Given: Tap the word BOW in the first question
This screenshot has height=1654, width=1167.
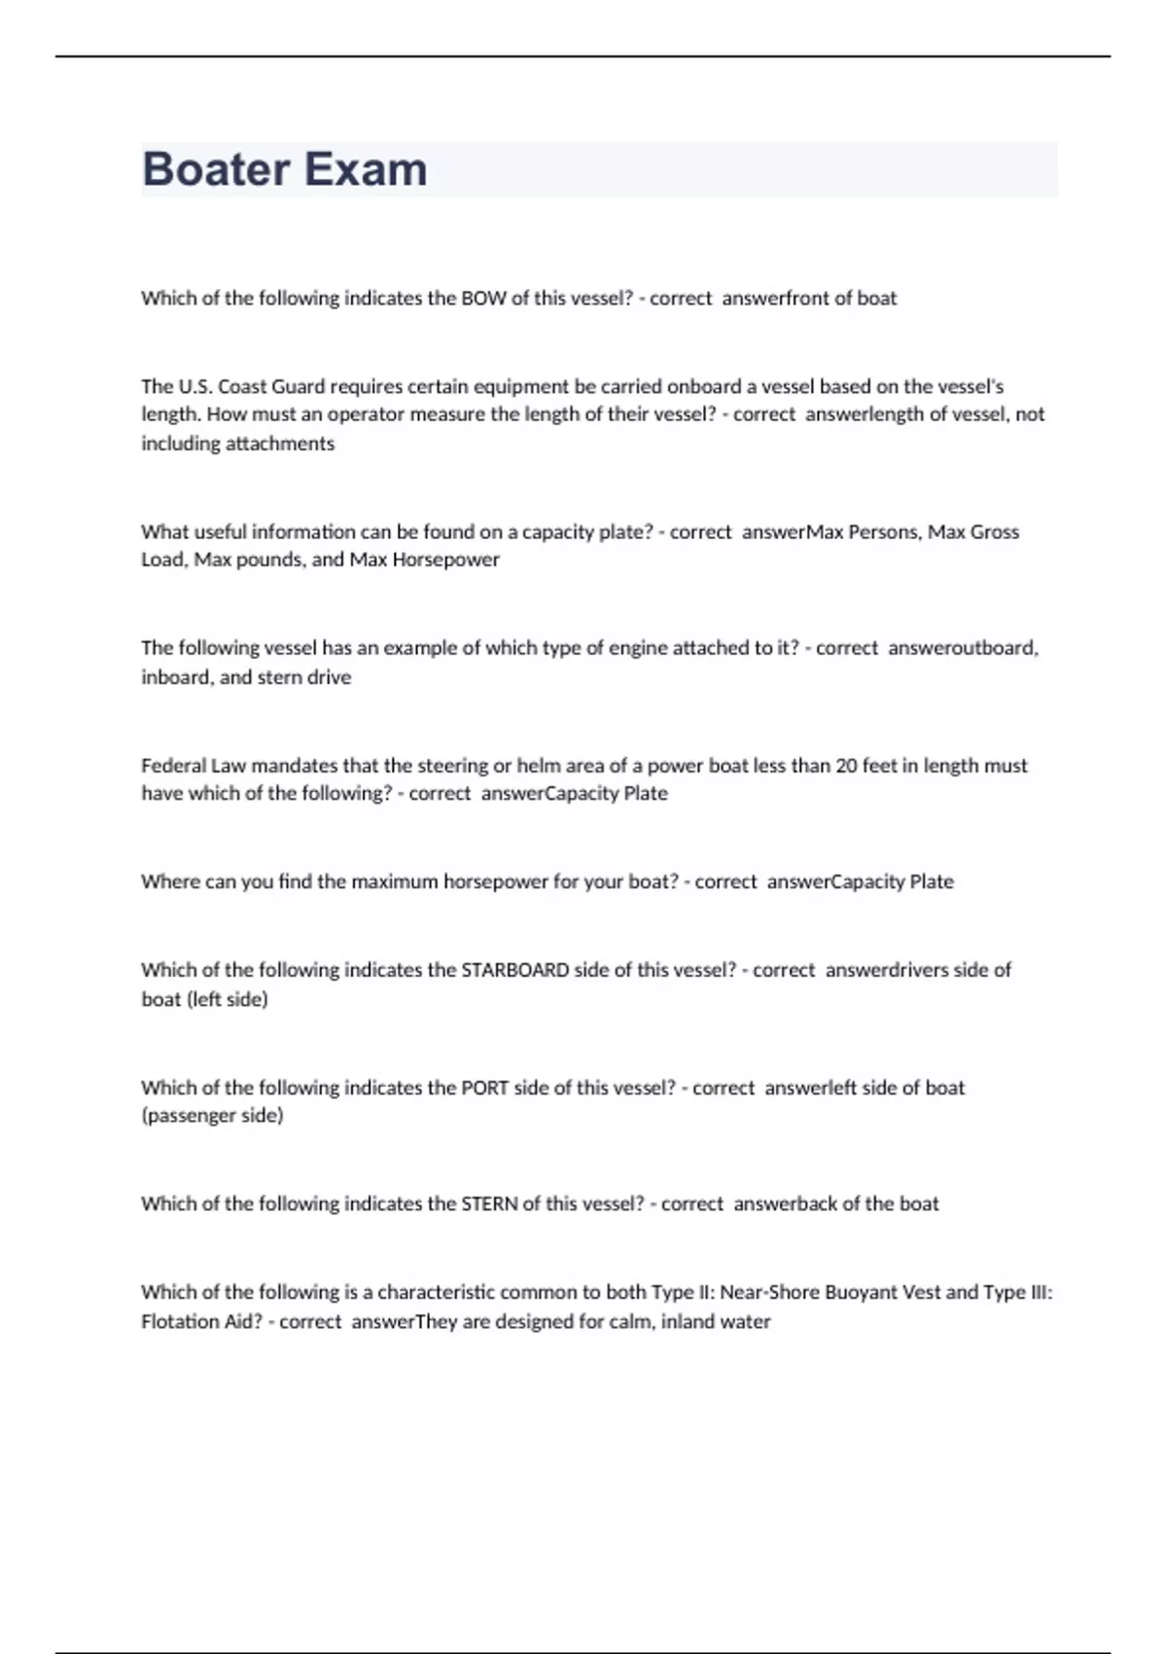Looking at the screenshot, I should click(x=483, y=299).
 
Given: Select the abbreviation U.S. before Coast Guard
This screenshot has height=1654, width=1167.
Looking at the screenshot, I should click(x=194, y=386).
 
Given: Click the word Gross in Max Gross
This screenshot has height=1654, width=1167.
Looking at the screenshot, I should click(x=996, y=532).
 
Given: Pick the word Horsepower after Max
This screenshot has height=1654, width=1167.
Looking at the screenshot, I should click(x=445, y=560).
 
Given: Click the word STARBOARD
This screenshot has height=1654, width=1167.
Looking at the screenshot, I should click(x=514, y=970).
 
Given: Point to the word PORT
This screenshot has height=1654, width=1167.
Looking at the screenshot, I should click(x=484, y=1088).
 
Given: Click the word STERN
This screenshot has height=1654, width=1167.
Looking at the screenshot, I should click(x=489, y=1204).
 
